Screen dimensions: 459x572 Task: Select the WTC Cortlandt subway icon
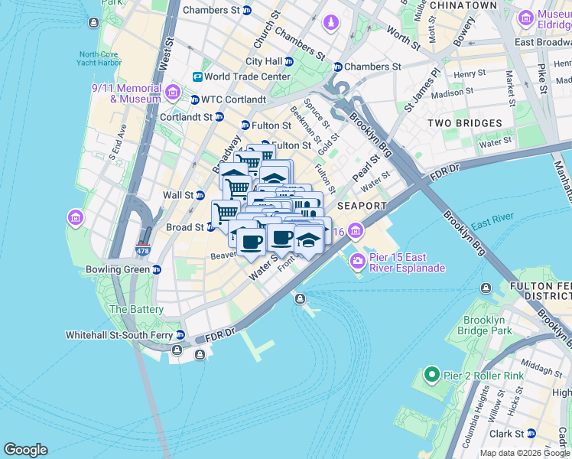tap(194, 99)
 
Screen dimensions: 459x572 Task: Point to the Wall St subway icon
tap(200, 195)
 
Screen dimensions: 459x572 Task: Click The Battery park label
tap(136, 309)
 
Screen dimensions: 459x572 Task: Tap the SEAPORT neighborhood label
tap(362, 207)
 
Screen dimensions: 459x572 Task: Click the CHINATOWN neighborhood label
tap(463, 5)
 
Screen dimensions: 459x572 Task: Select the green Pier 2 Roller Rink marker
tap(431, 375)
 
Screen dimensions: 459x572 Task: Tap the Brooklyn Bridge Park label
tap(489, 325)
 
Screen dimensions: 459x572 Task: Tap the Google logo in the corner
tap(25, 450)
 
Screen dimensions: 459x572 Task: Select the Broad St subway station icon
tap(210, 227)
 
